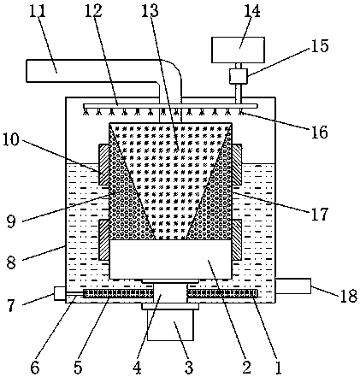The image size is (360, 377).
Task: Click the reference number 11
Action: [x=38, y=11]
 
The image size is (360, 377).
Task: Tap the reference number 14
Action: [x=252, y=11]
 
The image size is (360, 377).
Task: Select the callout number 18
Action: [x=348, y=296]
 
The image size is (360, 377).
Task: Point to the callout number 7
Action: [x=11, y=306]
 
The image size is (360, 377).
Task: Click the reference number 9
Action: [x=11, y=221]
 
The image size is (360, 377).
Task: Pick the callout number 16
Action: [x=319, y=132]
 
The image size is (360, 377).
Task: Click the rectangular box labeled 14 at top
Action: [x=238, y=50]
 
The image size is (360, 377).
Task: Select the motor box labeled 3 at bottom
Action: [x=170, y=326]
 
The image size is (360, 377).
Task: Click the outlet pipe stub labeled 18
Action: [x=293, y=286]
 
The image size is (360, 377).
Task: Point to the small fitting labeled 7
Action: [x=59, y=293]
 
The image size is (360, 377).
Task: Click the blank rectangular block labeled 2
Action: [x=170, y=259]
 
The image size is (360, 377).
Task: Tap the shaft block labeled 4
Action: [x=170, y=294]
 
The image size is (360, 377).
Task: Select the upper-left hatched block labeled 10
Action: [x=103, y=165]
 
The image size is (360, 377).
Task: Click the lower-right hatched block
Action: [x=237, y=239]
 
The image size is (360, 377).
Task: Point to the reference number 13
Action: [x=150, y=10]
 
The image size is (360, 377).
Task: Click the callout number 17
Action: [x=319, y=214]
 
